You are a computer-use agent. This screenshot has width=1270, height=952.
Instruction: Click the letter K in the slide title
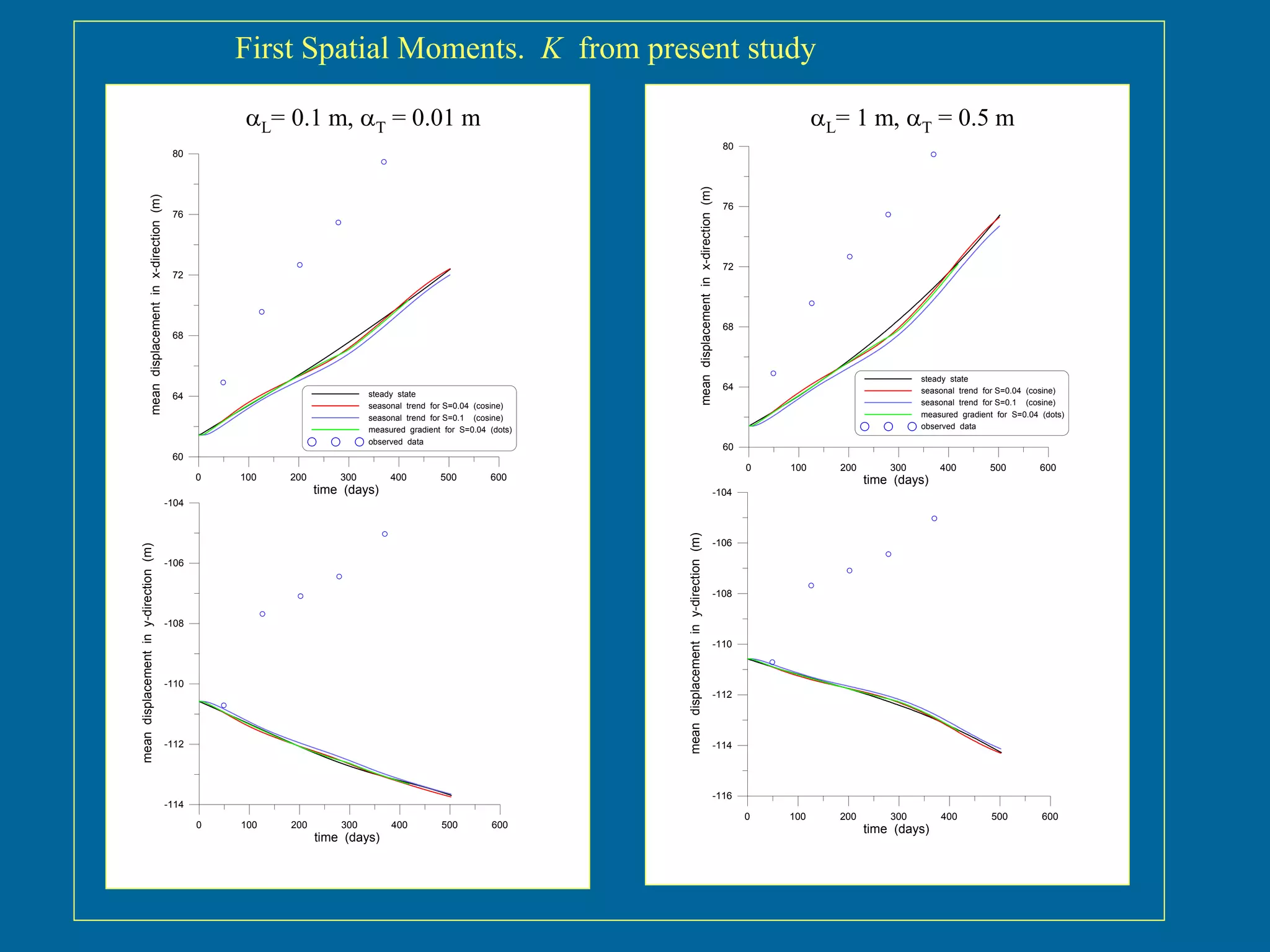[551, 48]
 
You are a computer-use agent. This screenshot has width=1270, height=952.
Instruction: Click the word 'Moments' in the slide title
[461, 48]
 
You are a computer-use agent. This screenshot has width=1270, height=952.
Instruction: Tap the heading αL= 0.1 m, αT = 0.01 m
[363, 118]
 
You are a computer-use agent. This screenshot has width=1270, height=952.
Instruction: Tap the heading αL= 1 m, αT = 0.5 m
[912, 118]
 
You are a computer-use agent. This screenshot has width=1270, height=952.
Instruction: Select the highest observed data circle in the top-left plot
[384, 162]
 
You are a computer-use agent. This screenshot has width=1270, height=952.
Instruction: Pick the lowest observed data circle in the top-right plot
[773, 373]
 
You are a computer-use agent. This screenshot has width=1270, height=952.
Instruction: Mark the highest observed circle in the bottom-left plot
[384, 534]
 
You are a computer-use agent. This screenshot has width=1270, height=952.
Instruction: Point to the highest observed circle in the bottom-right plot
[934, 518]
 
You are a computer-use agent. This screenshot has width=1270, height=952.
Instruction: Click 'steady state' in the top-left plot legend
[391, 394]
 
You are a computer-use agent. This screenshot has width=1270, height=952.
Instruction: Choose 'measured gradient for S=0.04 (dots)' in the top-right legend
[992, 415]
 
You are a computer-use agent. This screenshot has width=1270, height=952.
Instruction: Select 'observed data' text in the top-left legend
[395, 442]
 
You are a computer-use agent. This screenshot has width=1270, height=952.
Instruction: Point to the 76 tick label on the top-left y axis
[178, 214]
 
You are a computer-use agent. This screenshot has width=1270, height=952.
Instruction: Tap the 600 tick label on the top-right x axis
[1047, 468]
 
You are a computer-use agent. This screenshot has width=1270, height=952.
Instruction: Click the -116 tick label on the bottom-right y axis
[722, 796]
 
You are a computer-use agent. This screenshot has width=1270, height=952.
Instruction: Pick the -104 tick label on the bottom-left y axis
[174, 503]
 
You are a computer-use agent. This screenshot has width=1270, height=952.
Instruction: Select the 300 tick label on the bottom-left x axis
[349, 825]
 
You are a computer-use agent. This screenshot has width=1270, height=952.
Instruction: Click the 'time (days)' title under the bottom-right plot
[895, 829]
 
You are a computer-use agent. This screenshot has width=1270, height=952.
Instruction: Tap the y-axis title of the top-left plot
[156, 304]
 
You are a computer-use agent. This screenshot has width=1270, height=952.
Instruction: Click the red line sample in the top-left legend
[335, 406]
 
